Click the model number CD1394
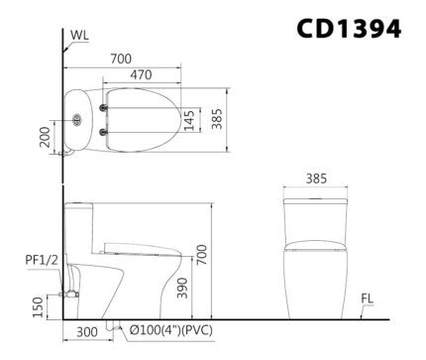[350, 29]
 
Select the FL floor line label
[367, 296]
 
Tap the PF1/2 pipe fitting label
[39, 260]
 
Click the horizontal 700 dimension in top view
[121, 59]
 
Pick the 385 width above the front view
[315, 181]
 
